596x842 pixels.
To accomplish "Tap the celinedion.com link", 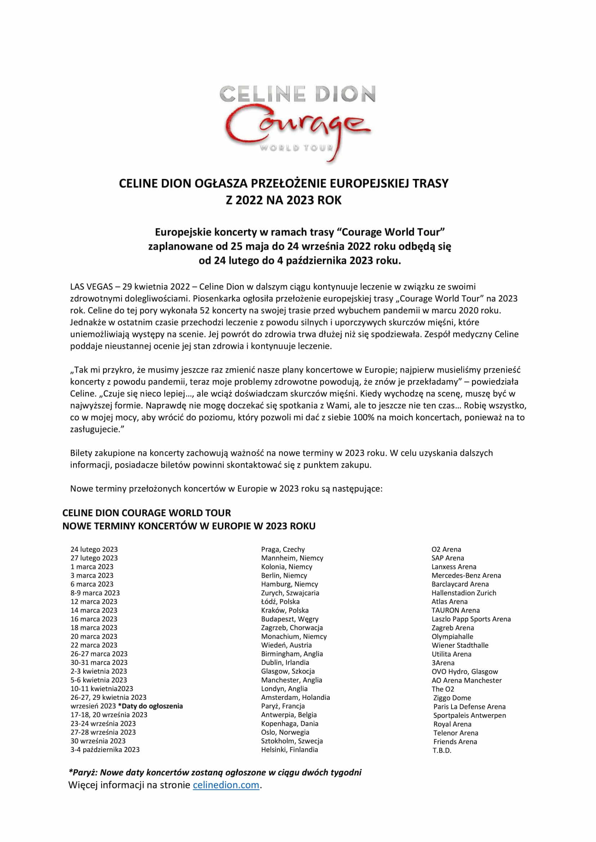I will coord(226,785).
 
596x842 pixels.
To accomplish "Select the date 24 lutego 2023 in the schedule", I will coord(94,549).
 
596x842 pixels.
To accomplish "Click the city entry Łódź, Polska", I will coord(280,602).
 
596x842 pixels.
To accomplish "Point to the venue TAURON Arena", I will coord(455,610).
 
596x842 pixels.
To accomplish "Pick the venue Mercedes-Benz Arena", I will coord(466,575).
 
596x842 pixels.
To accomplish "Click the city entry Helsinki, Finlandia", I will coord(289,749).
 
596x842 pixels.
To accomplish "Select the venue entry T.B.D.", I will coord(442,750).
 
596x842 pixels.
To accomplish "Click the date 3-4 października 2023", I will coord(105,749).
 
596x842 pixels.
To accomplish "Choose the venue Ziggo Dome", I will coord(452,698).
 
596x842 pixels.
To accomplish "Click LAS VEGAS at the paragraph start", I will coord(91,287).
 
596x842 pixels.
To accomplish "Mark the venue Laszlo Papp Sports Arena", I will coord(471,619).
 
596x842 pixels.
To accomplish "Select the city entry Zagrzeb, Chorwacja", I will coord(292,627).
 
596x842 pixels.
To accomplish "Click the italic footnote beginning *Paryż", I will coord(215,772).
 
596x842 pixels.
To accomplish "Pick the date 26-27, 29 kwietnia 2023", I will coord(108,697).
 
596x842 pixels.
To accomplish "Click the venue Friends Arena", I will coord(455,742).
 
